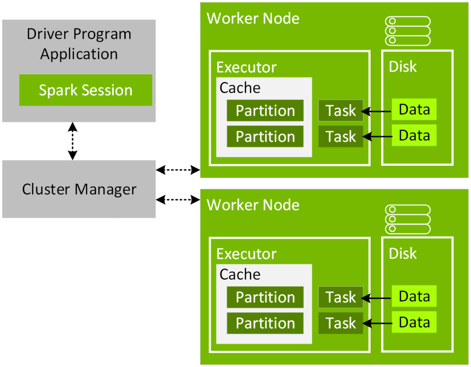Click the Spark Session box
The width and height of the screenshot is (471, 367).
tap(86, 90)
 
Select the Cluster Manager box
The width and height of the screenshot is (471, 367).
tap(79, 189)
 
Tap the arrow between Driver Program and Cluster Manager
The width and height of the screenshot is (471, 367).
tap(72, 141)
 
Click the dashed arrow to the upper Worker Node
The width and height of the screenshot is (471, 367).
tap(178, 170)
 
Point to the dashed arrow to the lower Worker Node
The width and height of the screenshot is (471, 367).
tap(178, 199)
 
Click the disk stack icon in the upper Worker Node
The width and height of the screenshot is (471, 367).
tap(407, 31)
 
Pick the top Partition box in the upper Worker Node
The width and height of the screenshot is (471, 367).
tap(265, 111)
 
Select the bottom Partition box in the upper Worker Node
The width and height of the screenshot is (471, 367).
tap(265, 136)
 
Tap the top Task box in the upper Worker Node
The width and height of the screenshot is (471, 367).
tap(341, 111)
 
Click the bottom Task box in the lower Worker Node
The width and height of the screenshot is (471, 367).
tap(341, 323)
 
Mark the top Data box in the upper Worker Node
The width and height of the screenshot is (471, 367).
tap(414, 110)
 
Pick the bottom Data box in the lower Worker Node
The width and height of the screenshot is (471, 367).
tap(414, 322)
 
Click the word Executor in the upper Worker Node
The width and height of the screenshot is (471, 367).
tap(246, 68)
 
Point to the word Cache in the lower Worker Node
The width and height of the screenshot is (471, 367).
tap(240, 274)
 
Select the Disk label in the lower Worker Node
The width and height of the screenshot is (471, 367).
tap(402, 253)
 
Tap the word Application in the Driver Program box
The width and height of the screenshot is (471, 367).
tap(79, 54)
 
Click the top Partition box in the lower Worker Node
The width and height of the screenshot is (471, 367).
tap(265, 297)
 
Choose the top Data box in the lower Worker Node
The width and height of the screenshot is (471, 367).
tap(414, 297)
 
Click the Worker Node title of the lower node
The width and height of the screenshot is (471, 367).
tap(253, 205)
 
